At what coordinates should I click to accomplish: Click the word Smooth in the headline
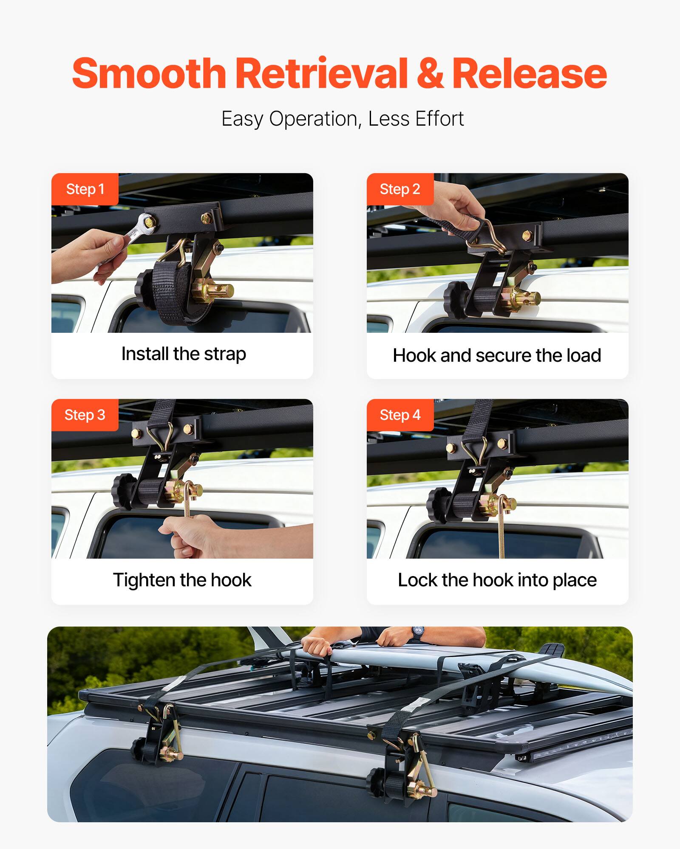(x=149, y=73)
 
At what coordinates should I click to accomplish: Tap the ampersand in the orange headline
(x=430, y=74)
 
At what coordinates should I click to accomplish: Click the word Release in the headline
(x=529, y=73)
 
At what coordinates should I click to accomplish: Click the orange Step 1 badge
(x=85, y=189)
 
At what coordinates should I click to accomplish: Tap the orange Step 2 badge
(x=400, y=189)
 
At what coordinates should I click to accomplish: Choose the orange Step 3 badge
(x=85, y=415)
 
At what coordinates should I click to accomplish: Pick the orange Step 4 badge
(x=400, y=415)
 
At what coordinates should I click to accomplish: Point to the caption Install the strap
(x=183, y=354)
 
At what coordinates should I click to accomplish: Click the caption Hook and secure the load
(x=496, y=355)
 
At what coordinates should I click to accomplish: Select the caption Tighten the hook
(x=182, y=579)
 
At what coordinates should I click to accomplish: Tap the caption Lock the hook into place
(x=497, y=579)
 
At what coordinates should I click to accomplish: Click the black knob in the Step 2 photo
(x=456, y=299)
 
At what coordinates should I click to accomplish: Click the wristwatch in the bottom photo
(x=417, y=634)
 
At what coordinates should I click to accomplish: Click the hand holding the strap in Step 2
(x=455, y=204)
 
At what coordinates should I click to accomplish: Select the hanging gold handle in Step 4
(x=502, y=531)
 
